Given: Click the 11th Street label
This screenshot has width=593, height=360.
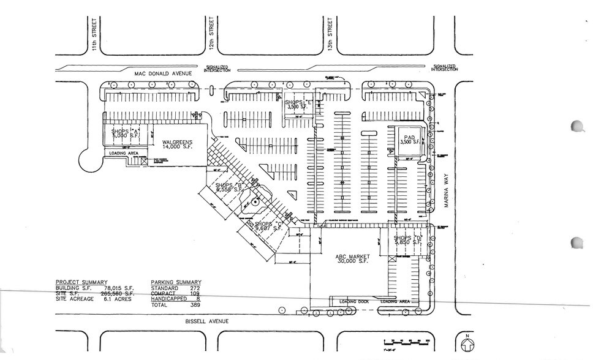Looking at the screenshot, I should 95,39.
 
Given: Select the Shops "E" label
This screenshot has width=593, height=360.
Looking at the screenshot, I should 298,104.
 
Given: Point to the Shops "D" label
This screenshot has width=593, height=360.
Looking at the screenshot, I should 409,240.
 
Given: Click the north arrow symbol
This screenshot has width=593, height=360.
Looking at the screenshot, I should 466,342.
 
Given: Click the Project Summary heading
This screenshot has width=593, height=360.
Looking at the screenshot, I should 80,282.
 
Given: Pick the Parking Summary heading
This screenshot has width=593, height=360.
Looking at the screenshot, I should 176,282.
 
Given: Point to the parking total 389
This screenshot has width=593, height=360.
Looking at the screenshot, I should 195,304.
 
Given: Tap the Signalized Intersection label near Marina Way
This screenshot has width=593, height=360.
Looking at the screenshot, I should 444,67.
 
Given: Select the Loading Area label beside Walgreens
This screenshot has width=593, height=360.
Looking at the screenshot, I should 124,153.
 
